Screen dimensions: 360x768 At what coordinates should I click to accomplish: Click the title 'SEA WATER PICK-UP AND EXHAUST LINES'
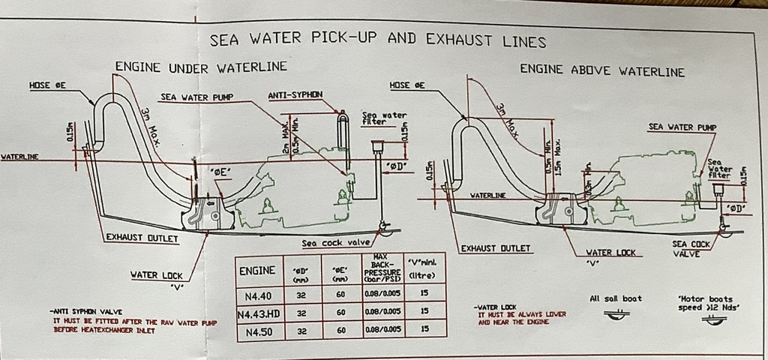coord(377,39)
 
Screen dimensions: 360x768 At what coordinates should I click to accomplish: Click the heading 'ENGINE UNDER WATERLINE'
coord(201,67)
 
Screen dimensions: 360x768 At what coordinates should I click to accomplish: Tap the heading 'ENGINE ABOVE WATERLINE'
coord(602,72)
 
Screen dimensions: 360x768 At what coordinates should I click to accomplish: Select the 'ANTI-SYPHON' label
coord(295,94)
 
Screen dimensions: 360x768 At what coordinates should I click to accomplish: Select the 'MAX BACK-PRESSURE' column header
coord(379,268)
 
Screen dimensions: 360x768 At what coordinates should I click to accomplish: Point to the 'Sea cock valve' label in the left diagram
coord(337,243)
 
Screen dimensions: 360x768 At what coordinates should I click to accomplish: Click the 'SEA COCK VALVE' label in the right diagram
coord(690,248)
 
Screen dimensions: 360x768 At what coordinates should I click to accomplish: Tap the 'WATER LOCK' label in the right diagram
coord(610,253)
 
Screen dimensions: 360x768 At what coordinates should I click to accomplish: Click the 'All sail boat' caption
coord(616,298)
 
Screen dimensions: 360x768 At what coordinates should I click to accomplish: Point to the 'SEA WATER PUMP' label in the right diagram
coord(682,127)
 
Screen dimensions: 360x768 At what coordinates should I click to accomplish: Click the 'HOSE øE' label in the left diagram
coord(48,85)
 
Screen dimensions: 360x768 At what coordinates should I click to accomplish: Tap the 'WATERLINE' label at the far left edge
coord(20,157)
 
